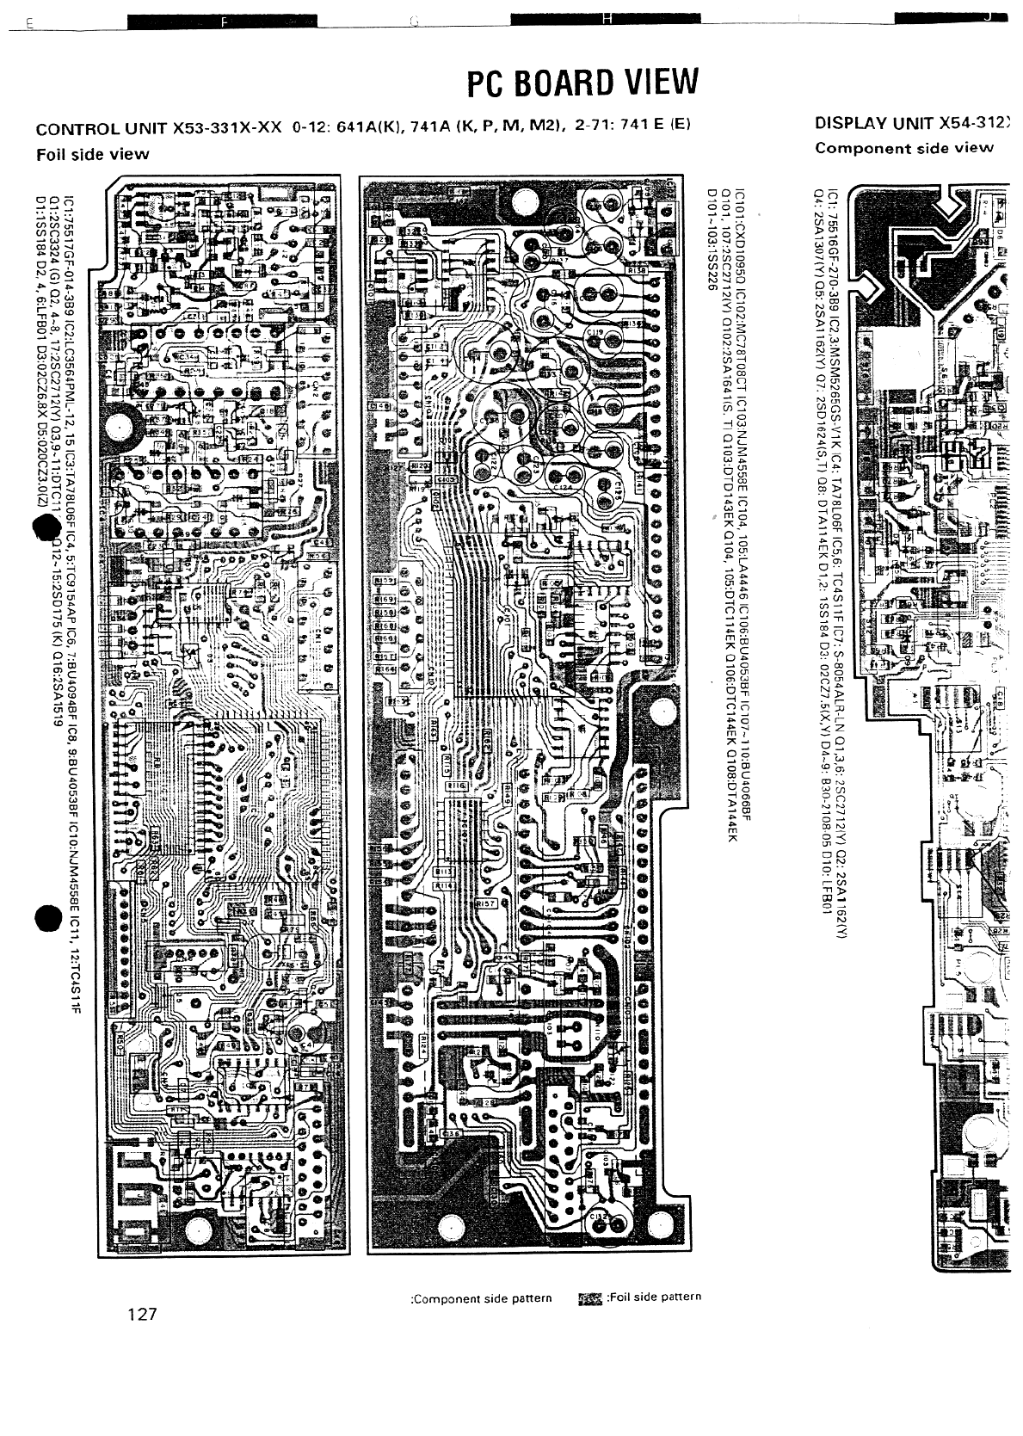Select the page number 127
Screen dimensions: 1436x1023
click(x=141, y=1314)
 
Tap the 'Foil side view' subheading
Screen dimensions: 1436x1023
click(x=93, y=155)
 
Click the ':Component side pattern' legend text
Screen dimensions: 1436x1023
click(x=482, y=1297)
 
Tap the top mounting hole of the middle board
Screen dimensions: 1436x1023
click(x=522, y=203)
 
